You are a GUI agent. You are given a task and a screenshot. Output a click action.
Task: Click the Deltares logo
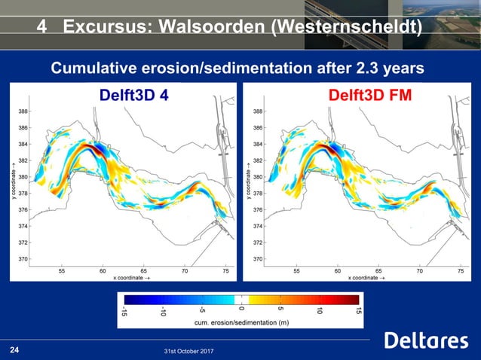tap(426, 341)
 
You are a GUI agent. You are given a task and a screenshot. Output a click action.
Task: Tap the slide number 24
tap(14, 349)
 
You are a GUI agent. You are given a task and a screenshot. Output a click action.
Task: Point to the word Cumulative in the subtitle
tap(96, 69)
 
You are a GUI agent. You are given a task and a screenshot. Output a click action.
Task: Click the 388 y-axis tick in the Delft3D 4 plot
tap(24, 111)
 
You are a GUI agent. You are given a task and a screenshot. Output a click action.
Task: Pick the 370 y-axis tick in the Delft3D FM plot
tap(259, 259)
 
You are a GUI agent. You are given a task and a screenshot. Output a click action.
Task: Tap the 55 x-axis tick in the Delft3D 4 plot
tap(62, 268)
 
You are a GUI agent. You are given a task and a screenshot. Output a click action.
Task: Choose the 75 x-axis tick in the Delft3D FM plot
tap(459, 268)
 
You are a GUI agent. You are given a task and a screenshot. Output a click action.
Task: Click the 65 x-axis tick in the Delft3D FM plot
tap(378, 268)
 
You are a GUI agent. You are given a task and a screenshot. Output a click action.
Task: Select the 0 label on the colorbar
tap(240, 307)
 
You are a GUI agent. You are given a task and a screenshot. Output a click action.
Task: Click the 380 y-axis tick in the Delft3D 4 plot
tap(24, 178)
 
